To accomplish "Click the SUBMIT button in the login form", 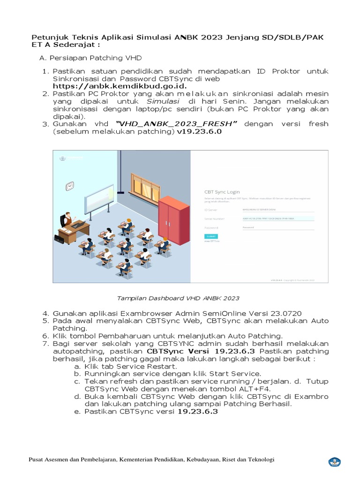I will click(x=211, y=237).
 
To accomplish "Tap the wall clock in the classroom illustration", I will click(x=70, y=186).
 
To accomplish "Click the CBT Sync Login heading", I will click(x=222, y=192).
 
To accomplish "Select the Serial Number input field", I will click(x=278, y=218).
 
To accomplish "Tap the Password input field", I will click(x=278, y=227).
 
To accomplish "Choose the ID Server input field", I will click(x=278, y=210).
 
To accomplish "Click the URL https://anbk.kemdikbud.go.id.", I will click(x=120, y=86).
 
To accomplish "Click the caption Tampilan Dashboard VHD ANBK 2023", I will click(x=178, y=298).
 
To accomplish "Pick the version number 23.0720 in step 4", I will click(x=285, y=313).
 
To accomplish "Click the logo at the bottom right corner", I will click(x=334, y=462).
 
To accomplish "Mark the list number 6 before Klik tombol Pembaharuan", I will click(x=45, y=336).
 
